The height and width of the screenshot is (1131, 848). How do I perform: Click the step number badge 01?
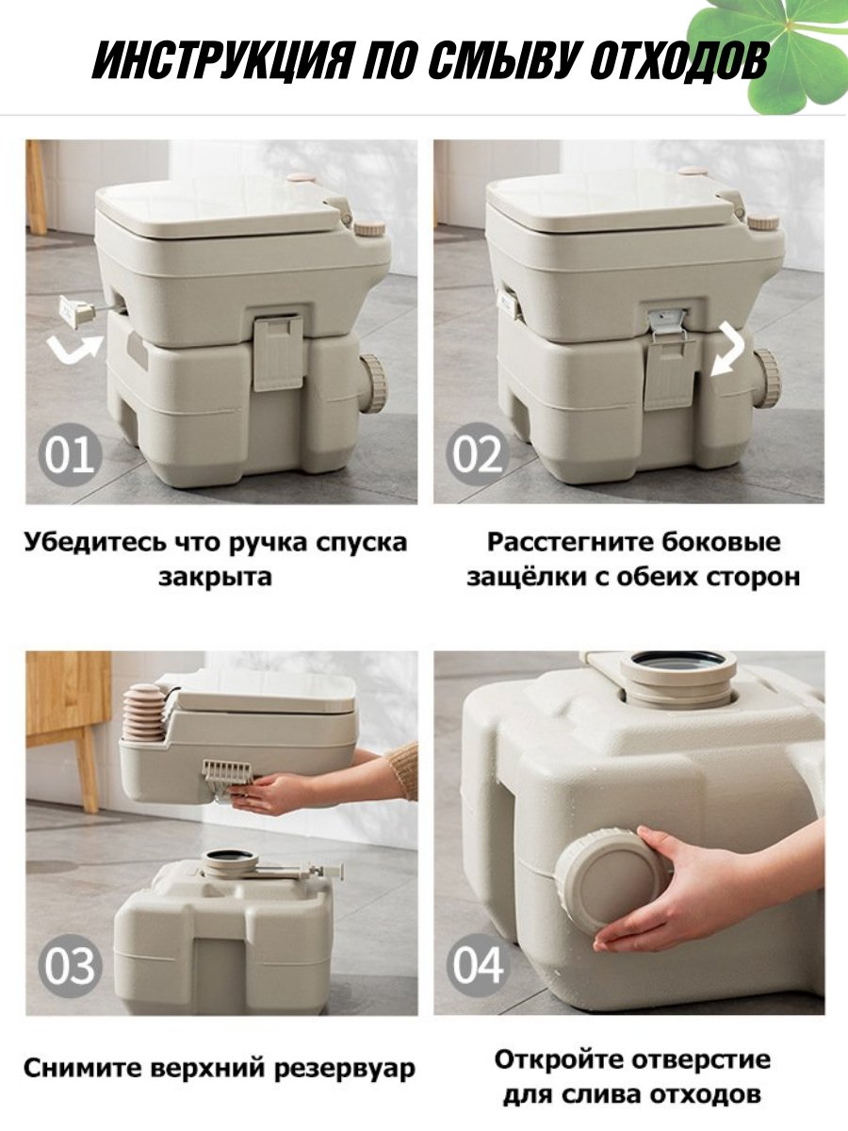70,454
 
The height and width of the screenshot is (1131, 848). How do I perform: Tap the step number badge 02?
478,454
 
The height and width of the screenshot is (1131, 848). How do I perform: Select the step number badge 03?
70,966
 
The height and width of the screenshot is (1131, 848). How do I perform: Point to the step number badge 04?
478,966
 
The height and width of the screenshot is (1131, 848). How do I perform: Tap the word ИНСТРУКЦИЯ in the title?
222,61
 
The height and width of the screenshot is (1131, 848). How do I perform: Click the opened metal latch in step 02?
667,323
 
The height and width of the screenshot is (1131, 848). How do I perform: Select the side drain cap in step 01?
372,383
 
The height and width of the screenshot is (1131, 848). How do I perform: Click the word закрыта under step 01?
215,577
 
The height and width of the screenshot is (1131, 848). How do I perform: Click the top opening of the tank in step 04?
677,660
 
